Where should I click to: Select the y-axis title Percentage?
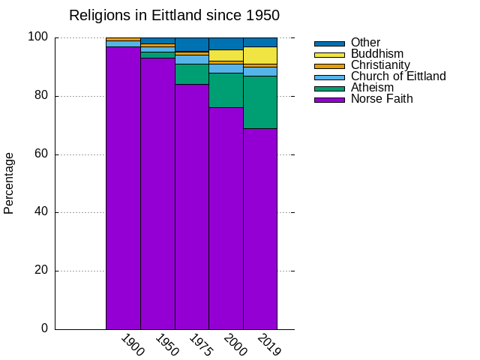pos(9,183)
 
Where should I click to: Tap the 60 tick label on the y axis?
pos(41,154)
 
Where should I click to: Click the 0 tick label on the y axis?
pos(44,328)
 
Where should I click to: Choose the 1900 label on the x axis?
pos(132,345)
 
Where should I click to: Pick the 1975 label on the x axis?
pos(200,345)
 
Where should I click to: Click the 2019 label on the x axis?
pos(268,345)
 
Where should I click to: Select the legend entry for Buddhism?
pos(377,54)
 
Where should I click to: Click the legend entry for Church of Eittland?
pos(398,76)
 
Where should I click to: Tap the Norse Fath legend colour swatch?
pos(329,100)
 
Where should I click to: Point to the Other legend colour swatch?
pos(329,43)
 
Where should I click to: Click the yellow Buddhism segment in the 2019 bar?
pos(260,55)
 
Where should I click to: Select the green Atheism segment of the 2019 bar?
pos(260,102)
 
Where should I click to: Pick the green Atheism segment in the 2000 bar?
pos(226,90)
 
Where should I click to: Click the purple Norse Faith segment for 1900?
pos(123,187)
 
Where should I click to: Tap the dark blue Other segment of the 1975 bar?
pos(191,43)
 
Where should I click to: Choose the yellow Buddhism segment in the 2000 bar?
pos(226,55)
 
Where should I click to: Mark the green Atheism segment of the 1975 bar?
pos(191,74)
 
